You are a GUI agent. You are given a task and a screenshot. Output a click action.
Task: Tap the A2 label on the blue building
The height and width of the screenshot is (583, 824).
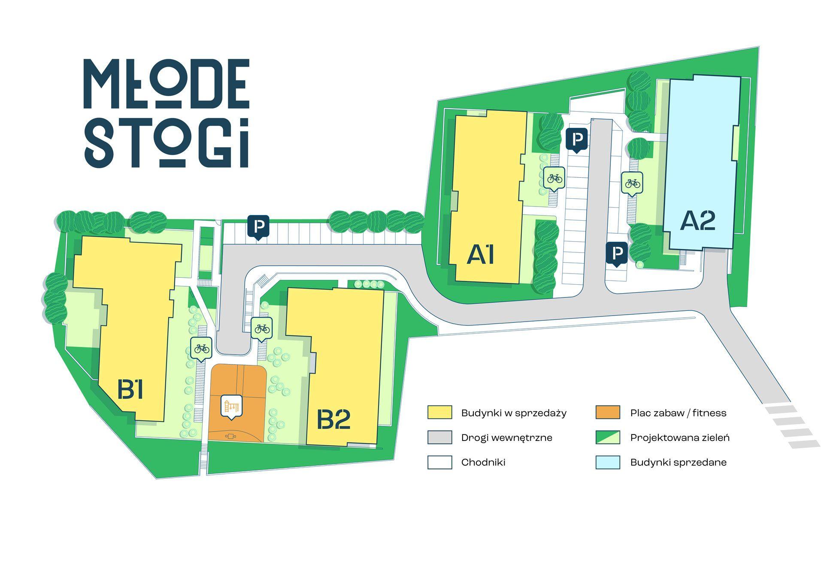click(698, 221)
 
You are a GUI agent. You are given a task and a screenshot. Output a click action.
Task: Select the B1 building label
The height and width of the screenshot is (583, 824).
click(130, 390)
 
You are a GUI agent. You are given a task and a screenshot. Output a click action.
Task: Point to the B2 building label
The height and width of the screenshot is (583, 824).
click(333, 419)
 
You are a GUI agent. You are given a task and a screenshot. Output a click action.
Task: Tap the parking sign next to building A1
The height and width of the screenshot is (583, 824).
click(577, 140)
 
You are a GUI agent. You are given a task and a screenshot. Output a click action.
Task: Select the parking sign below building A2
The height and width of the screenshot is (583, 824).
click(617, 254)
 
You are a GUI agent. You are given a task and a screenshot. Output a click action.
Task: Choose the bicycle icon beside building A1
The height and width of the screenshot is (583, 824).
click(554, 179)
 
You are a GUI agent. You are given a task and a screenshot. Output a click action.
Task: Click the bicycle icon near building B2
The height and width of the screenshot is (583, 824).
click(262, 330)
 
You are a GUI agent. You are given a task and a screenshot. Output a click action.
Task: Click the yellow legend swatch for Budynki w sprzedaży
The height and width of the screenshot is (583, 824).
click(439, 412)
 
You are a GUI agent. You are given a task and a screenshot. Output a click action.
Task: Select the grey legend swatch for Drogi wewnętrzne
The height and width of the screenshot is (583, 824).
click(439, 437)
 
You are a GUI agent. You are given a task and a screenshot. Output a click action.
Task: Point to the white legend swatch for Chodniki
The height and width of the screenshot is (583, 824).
click(439, 462)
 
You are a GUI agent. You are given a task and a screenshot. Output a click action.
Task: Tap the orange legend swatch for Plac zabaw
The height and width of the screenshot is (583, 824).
click(608, 412)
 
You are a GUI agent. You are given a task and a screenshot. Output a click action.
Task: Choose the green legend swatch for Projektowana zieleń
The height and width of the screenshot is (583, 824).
click(608, 437)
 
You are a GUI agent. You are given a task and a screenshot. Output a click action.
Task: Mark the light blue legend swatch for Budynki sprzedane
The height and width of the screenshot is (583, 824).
click(608, 462)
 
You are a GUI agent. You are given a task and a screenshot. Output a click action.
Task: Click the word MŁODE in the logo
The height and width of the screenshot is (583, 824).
click(167, 84)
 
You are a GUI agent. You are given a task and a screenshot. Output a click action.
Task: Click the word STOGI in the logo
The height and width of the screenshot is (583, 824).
click(167, 142)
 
